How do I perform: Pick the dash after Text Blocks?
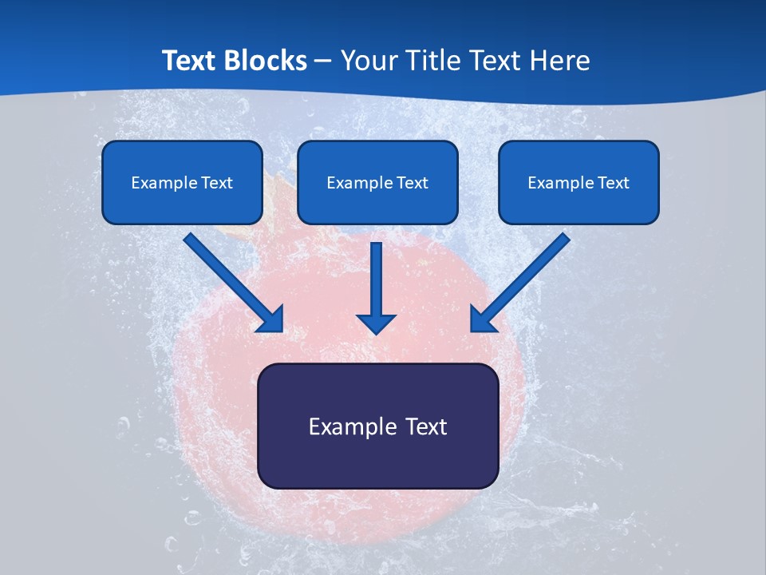(x=323, y=61)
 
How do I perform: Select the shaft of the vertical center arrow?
(x=377, y=276)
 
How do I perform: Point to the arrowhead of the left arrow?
(x=272, y=319)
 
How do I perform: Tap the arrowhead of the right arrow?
(x=482, y=319)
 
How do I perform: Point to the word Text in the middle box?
(x=412, y=183)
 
